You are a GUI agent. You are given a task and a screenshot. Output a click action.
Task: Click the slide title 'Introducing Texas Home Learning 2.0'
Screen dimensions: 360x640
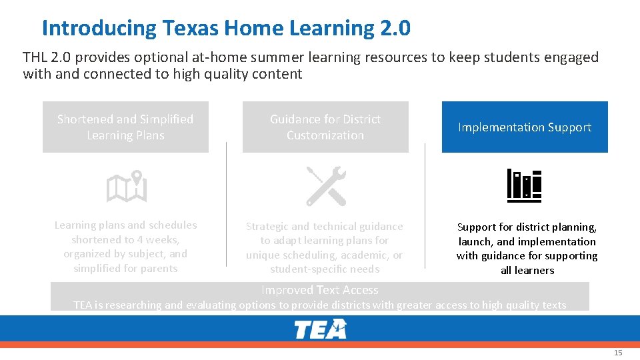coord(226,28)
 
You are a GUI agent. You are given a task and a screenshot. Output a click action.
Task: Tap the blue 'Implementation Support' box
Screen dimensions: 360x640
coord(525,127)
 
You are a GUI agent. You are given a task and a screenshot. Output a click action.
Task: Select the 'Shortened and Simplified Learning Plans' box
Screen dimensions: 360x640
coord(125,127)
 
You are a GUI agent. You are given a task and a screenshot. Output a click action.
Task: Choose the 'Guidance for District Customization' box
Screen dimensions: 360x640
coord(325,127)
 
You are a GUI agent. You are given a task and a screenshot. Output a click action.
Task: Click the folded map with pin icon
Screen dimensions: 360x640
coord(126,187)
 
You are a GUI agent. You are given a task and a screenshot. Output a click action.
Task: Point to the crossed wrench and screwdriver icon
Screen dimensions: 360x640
coord(325,186)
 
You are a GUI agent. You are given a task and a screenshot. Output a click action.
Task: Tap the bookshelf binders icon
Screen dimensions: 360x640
coord(524,185)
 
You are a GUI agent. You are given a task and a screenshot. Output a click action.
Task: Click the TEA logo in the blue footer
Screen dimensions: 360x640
coord(321,329)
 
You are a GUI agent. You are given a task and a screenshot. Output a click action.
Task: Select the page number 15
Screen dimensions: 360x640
coord(618,353)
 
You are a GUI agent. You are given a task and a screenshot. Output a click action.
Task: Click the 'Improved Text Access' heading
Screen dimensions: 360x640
coord(319,290)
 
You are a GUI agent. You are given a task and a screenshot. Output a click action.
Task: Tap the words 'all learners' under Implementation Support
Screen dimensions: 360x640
coord(527,270)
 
